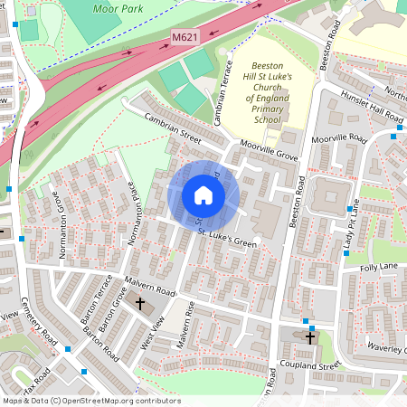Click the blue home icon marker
tap(203, 195)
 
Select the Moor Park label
tap(118, 7)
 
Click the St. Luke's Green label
tap(228, 238)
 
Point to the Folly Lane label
tap(379, 268)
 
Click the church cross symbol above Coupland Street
tap(310, 337)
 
